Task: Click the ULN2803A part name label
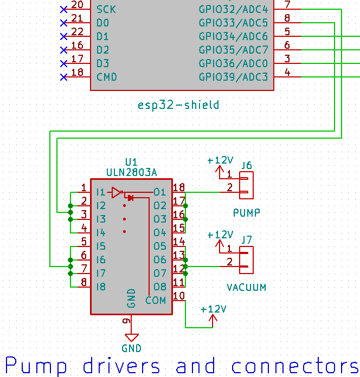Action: pos(131,172)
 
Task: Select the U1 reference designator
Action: pos(131,162)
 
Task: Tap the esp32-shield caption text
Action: pos(178,105)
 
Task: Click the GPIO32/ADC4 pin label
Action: pos(233,9)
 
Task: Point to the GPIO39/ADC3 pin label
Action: pos(233,77)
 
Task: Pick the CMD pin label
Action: pos(106,77)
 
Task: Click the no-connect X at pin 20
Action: pos(63,10)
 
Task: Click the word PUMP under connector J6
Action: pos(247,213)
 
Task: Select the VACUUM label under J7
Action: pos(247,288)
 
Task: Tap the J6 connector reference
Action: pos(247,165)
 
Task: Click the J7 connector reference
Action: pos(247,239)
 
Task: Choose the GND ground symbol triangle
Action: pos(132,337)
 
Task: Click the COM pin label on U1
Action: pos(156,300)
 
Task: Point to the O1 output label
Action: pos(159,192)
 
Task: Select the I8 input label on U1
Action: pos(101,287)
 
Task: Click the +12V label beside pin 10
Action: pos(213,309)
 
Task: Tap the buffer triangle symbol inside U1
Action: pos(116,192)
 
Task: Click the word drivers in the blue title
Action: pos(118,366)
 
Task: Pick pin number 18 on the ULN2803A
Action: pos(179,187)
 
